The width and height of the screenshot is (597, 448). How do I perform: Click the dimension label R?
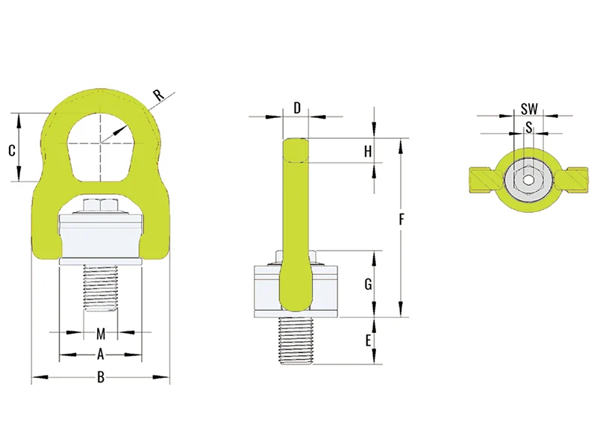pyautogui.click(x=157, y=95)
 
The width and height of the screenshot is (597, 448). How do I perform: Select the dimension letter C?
pyautogui.click(x=12, y=150)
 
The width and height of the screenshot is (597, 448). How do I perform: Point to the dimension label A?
pyautogui.click(x=100, y=354)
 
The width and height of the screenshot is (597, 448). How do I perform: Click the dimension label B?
pyautogui.click(x=100, y=378)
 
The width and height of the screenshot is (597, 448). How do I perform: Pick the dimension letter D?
pyautogui.click(x=296, y=108)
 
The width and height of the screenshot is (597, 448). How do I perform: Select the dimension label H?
pyautogui.click(x=367, y=151)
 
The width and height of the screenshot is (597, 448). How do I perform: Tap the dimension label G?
pyautogui.click(x=367, y=284)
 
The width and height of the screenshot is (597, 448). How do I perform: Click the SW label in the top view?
pyautogui.click(x=528, y=109)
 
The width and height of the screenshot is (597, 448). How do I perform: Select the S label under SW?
pyautogui.click(x=528, y=127)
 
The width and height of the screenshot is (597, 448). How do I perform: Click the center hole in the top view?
pyautogui.click(x=528, y=180)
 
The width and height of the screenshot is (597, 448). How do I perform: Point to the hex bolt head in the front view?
pyautogui.click(x=100, y=205)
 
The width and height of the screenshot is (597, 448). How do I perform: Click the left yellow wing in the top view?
pyautogui.click(x=485, y=180)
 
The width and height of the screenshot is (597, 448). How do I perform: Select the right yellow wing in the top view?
pyautogui.click(x=571, y=180)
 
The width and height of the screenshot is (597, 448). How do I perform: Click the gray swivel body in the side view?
pyautogui.click(x=328, y=287)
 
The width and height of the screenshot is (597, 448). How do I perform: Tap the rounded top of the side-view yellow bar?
pyautogui.click(x=296, y=146)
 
